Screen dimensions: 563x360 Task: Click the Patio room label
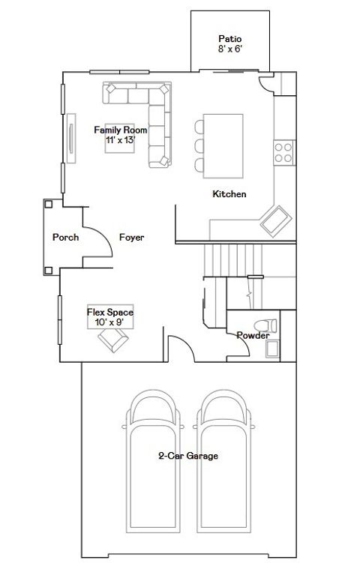229,43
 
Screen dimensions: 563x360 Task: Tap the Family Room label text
120,134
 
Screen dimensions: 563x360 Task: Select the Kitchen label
229,194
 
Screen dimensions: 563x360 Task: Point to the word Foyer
131,238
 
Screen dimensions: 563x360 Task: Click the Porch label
66,238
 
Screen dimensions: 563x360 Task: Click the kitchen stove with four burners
283,153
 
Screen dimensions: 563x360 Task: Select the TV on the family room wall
72,137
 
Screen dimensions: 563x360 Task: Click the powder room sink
271,349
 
